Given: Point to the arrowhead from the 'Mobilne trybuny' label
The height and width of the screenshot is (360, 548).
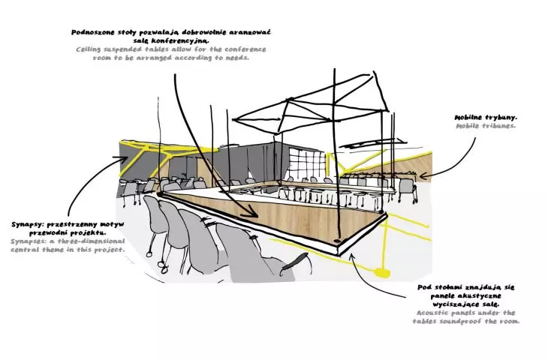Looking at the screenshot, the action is point(423,176).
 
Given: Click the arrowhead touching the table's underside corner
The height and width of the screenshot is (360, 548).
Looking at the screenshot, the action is point(353,257).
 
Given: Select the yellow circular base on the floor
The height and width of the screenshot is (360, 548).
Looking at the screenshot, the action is point(381,272).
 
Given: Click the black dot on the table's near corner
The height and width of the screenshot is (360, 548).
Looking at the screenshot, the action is point(337,241).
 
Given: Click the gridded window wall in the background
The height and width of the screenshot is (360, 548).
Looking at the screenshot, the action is point(307,163).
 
